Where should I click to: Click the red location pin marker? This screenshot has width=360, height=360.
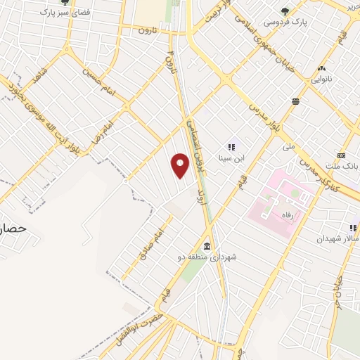click(x=181, y=165)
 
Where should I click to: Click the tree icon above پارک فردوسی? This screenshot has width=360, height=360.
click(x=285, y=11)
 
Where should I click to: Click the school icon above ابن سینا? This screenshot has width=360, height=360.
click(x=230, y=147)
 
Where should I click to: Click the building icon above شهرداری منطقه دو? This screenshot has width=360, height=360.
click(x=207, y=246)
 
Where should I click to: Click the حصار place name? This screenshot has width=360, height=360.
click(x=13, y=229)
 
